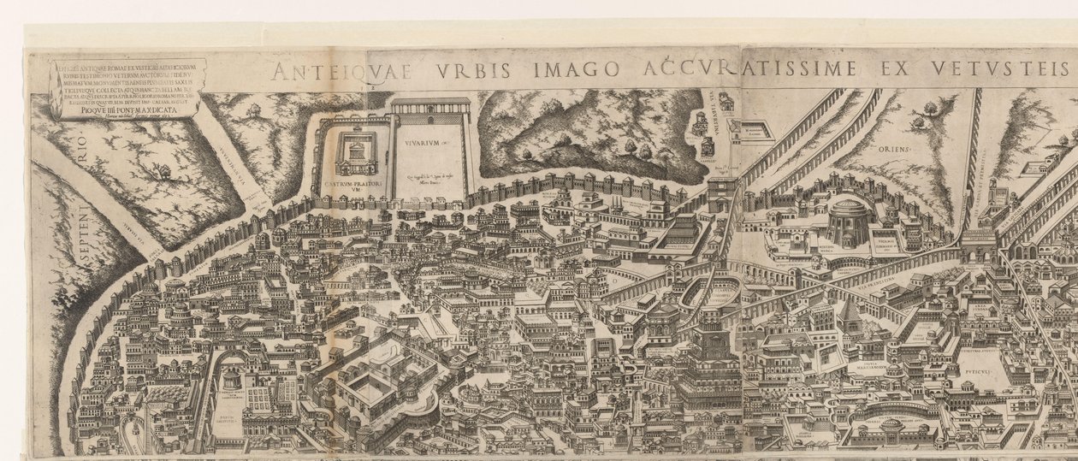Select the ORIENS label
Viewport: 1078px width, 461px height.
tap(895, 148)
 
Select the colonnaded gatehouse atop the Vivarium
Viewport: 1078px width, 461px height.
tap(430, 110)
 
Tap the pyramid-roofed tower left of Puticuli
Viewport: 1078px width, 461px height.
tap(852, 316)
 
